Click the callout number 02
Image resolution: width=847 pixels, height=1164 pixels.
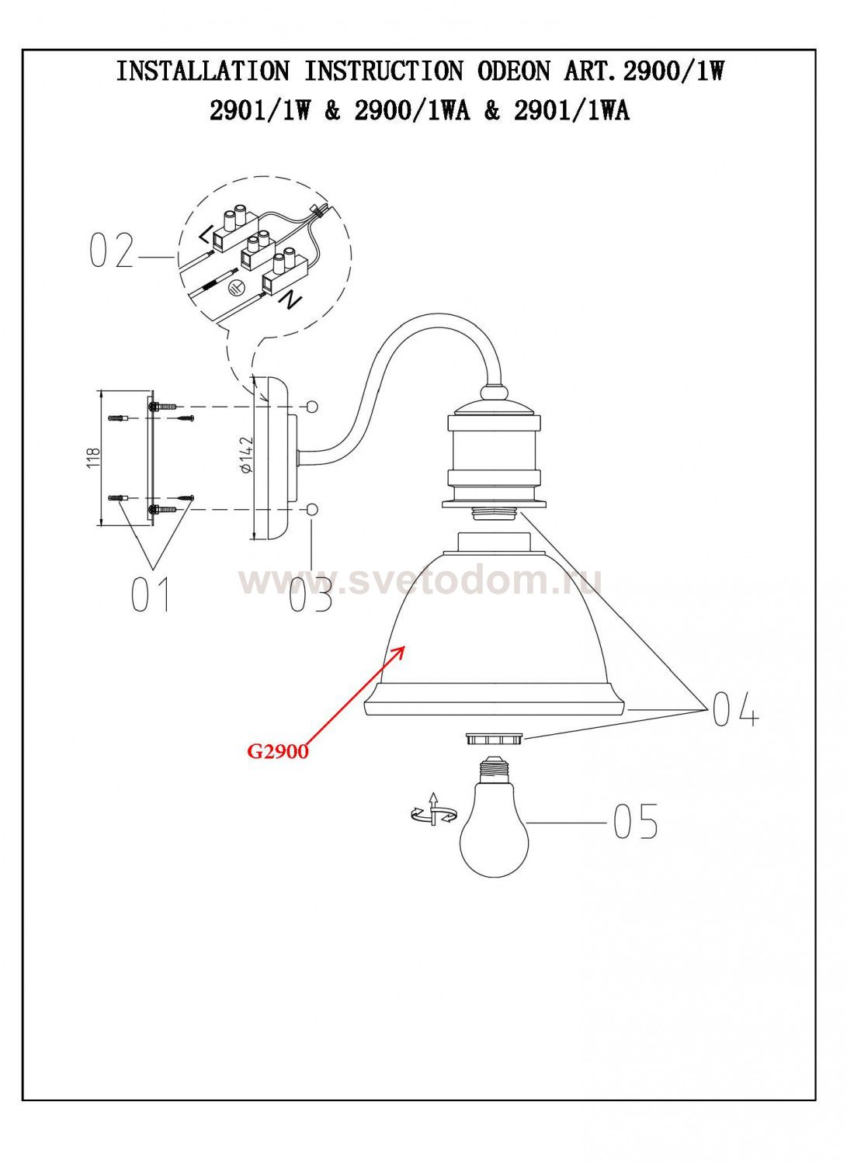(x=111, y=251)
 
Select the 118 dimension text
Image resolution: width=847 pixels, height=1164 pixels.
(x=94, y=459)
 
